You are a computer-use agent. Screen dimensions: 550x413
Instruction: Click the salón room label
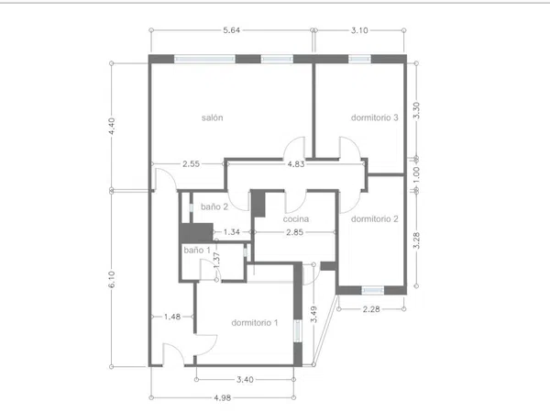coord(213,117)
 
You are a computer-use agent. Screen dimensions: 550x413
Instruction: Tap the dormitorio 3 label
coord(375,117)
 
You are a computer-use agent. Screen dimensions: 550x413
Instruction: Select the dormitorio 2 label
coord(375,219)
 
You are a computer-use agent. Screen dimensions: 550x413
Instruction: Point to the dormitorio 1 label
coord(255,323)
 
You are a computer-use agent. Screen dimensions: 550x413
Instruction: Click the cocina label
coord(296,219)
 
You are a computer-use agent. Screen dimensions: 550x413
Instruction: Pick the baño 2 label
coord(214,206)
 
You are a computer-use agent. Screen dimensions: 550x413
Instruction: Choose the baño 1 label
coord(197,250)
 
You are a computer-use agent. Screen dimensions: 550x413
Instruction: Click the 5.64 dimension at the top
coord(232,30)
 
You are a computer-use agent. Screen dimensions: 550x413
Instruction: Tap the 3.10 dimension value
coord(359,30)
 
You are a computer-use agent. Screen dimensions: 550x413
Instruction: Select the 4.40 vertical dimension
coord(112,126)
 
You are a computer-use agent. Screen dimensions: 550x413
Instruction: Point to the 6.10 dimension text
coord(112,280)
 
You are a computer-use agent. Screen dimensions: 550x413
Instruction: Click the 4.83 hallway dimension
coord(296,164)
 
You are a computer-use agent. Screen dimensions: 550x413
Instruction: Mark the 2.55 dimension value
coord(192,164)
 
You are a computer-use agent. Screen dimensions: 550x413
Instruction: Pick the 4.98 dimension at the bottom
coord(223,398)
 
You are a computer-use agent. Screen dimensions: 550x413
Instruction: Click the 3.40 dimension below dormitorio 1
coord(245,380)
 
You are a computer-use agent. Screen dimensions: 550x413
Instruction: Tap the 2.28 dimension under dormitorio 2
coord(371,309)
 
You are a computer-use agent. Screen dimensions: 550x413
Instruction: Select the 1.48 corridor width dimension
coord(172,317)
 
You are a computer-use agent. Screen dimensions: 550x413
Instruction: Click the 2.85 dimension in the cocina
coord(294,232)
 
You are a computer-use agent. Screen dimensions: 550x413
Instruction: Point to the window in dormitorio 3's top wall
coord(359,59)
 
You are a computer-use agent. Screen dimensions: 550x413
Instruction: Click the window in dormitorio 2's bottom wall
coord(372,290)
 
